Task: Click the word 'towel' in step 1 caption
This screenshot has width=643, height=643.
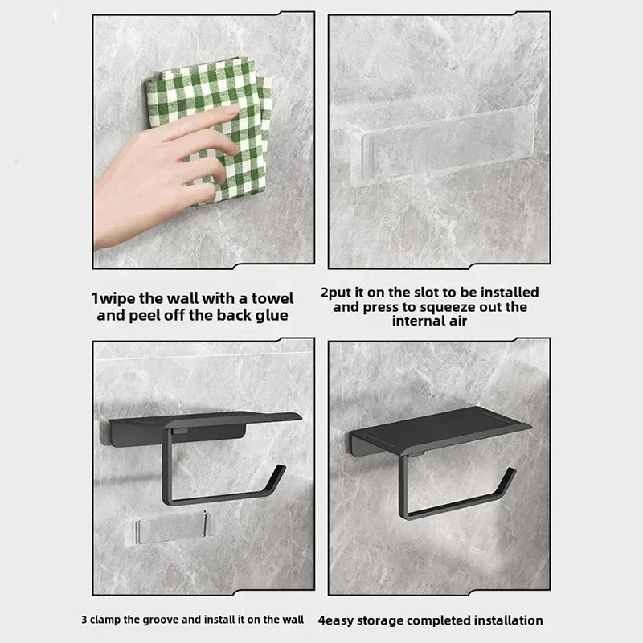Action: [270, 298]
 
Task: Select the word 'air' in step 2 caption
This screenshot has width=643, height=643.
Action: [460, 321]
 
